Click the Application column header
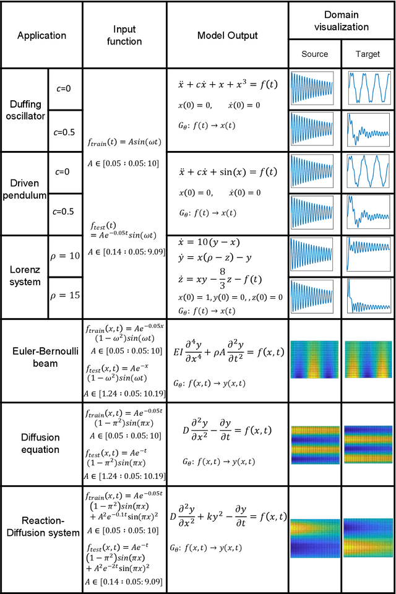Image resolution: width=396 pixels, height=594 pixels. [41, 35]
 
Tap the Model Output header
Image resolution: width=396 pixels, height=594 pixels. [227, 35]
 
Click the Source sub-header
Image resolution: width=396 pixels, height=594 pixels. [314, 54]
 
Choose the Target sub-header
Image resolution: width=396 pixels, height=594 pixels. [368, 54]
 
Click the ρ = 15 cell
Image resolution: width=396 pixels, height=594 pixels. [65, 296]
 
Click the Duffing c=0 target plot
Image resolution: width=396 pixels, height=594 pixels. [368, 88]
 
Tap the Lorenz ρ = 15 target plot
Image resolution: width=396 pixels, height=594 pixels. [368, 297]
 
